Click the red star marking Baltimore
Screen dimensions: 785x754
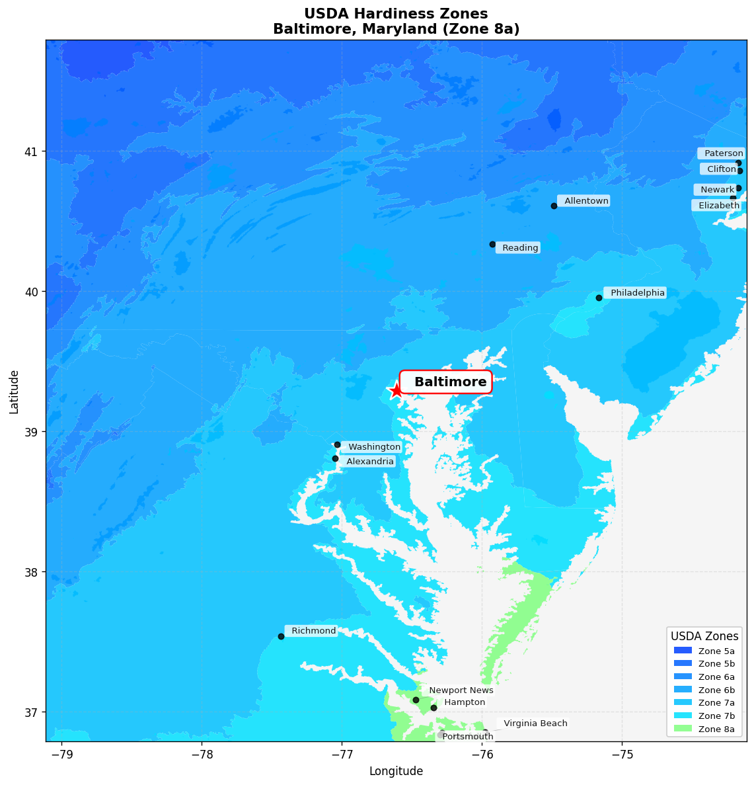(396, 390)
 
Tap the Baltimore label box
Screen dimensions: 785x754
(446, 382)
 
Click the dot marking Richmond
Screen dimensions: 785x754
(281, 636)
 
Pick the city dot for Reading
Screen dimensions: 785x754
(492, 244)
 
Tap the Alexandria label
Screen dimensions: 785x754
(369, 462)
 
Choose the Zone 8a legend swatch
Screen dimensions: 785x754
(683, 729)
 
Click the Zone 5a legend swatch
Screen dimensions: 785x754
(683, 651)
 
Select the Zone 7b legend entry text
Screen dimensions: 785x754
(716, 716)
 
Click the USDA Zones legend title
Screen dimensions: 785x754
(704, 636)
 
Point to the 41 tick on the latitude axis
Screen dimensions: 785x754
(30, 151)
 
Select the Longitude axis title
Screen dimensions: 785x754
(396, 771)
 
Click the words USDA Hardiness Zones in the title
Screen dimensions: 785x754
(396, 14)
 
